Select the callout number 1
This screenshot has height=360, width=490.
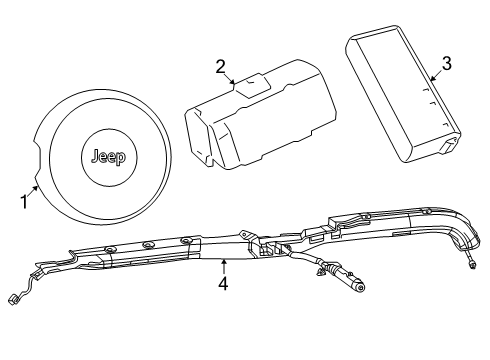tap(23, 200)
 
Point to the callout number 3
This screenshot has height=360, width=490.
tap(446, 63)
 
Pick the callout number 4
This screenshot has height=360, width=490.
tap(223, 284)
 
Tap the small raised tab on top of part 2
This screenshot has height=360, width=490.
tap(254, 82)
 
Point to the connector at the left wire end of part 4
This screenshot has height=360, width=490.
tap(14, 301)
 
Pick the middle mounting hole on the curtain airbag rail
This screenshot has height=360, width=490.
tap(147, 244)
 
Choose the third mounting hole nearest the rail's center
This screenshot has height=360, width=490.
tap(186, 240)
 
